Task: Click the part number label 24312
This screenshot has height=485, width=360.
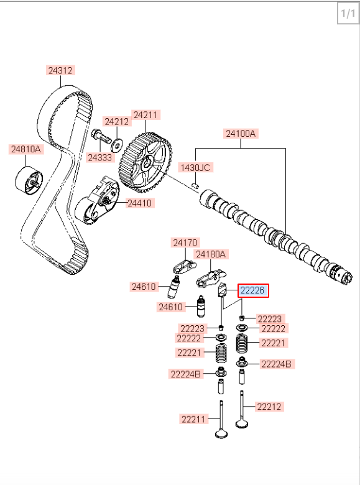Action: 60,70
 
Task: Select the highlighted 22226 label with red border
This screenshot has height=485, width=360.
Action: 253,290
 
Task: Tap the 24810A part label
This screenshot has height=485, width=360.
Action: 26,149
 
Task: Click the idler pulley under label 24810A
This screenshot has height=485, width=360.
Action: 29,181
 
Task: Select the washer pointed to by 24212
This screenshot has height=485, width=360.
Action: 117,145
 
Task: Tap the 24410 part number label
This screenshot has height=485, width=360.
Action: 140,203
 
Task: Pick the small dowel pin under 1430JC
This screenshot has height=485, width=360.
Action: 195,185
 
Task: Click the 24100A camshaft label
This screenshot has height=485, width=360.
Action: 241,134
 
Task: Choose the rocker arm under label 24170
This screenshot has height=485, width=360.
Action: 184,267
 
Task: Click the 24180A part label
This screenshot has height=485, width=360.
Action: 211,254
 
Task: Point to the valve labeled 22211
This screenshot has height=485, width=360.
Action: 221,420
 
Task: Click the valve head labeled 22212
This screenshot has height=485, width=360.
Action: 242,423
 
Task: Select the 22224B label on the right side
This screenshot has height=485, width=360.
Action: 276,364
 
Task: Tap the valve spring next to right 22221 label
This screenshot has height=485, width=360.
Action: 242,343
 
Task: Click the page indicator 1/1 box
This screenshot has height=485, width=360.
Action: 348,13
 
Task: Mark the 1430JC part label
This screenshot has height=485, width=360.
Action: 195,168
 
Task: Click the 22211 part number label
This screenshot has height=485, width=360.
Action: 193,419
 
